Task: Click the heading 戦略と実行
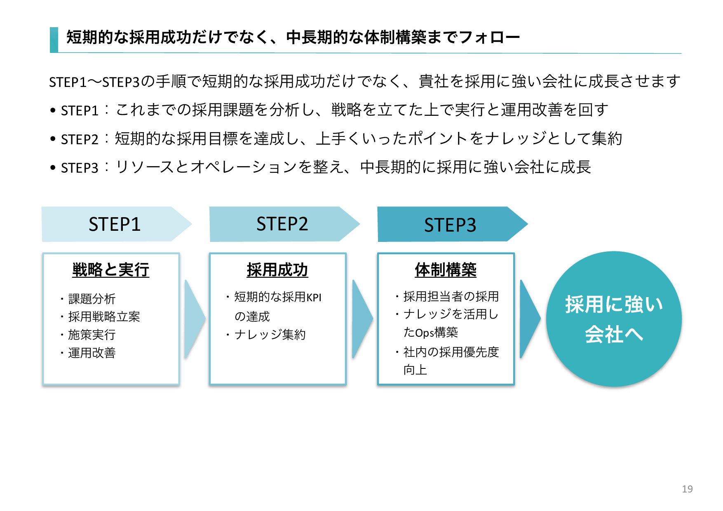click(110, 270)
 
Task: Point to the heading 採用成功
click(277, 270)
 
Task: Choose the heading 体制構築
click(446, 270)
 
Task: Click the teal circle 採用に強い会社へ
click(614, 319)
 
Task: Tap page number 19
click(687, 489)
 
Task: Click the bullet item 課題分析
click(92, 299)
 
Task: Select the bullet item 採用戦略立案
click(104, 317)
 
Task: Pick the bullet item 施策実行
click(92, 335)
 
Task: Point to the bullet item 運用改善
click(92, 353)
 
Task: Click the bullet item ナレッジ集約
click(270, 335)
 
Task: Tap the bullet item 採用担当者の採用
click(451, 296)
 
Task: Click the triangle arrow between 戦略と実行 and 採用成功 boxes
click(194, 319)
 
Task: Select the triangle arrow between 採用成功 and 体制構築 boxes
click(361, 319)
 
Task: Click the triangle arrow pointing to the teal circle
click(529, 319)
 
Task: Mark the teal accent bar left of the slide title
click(54, 40)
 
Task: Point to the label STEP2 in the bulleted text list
click(80, 140)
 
